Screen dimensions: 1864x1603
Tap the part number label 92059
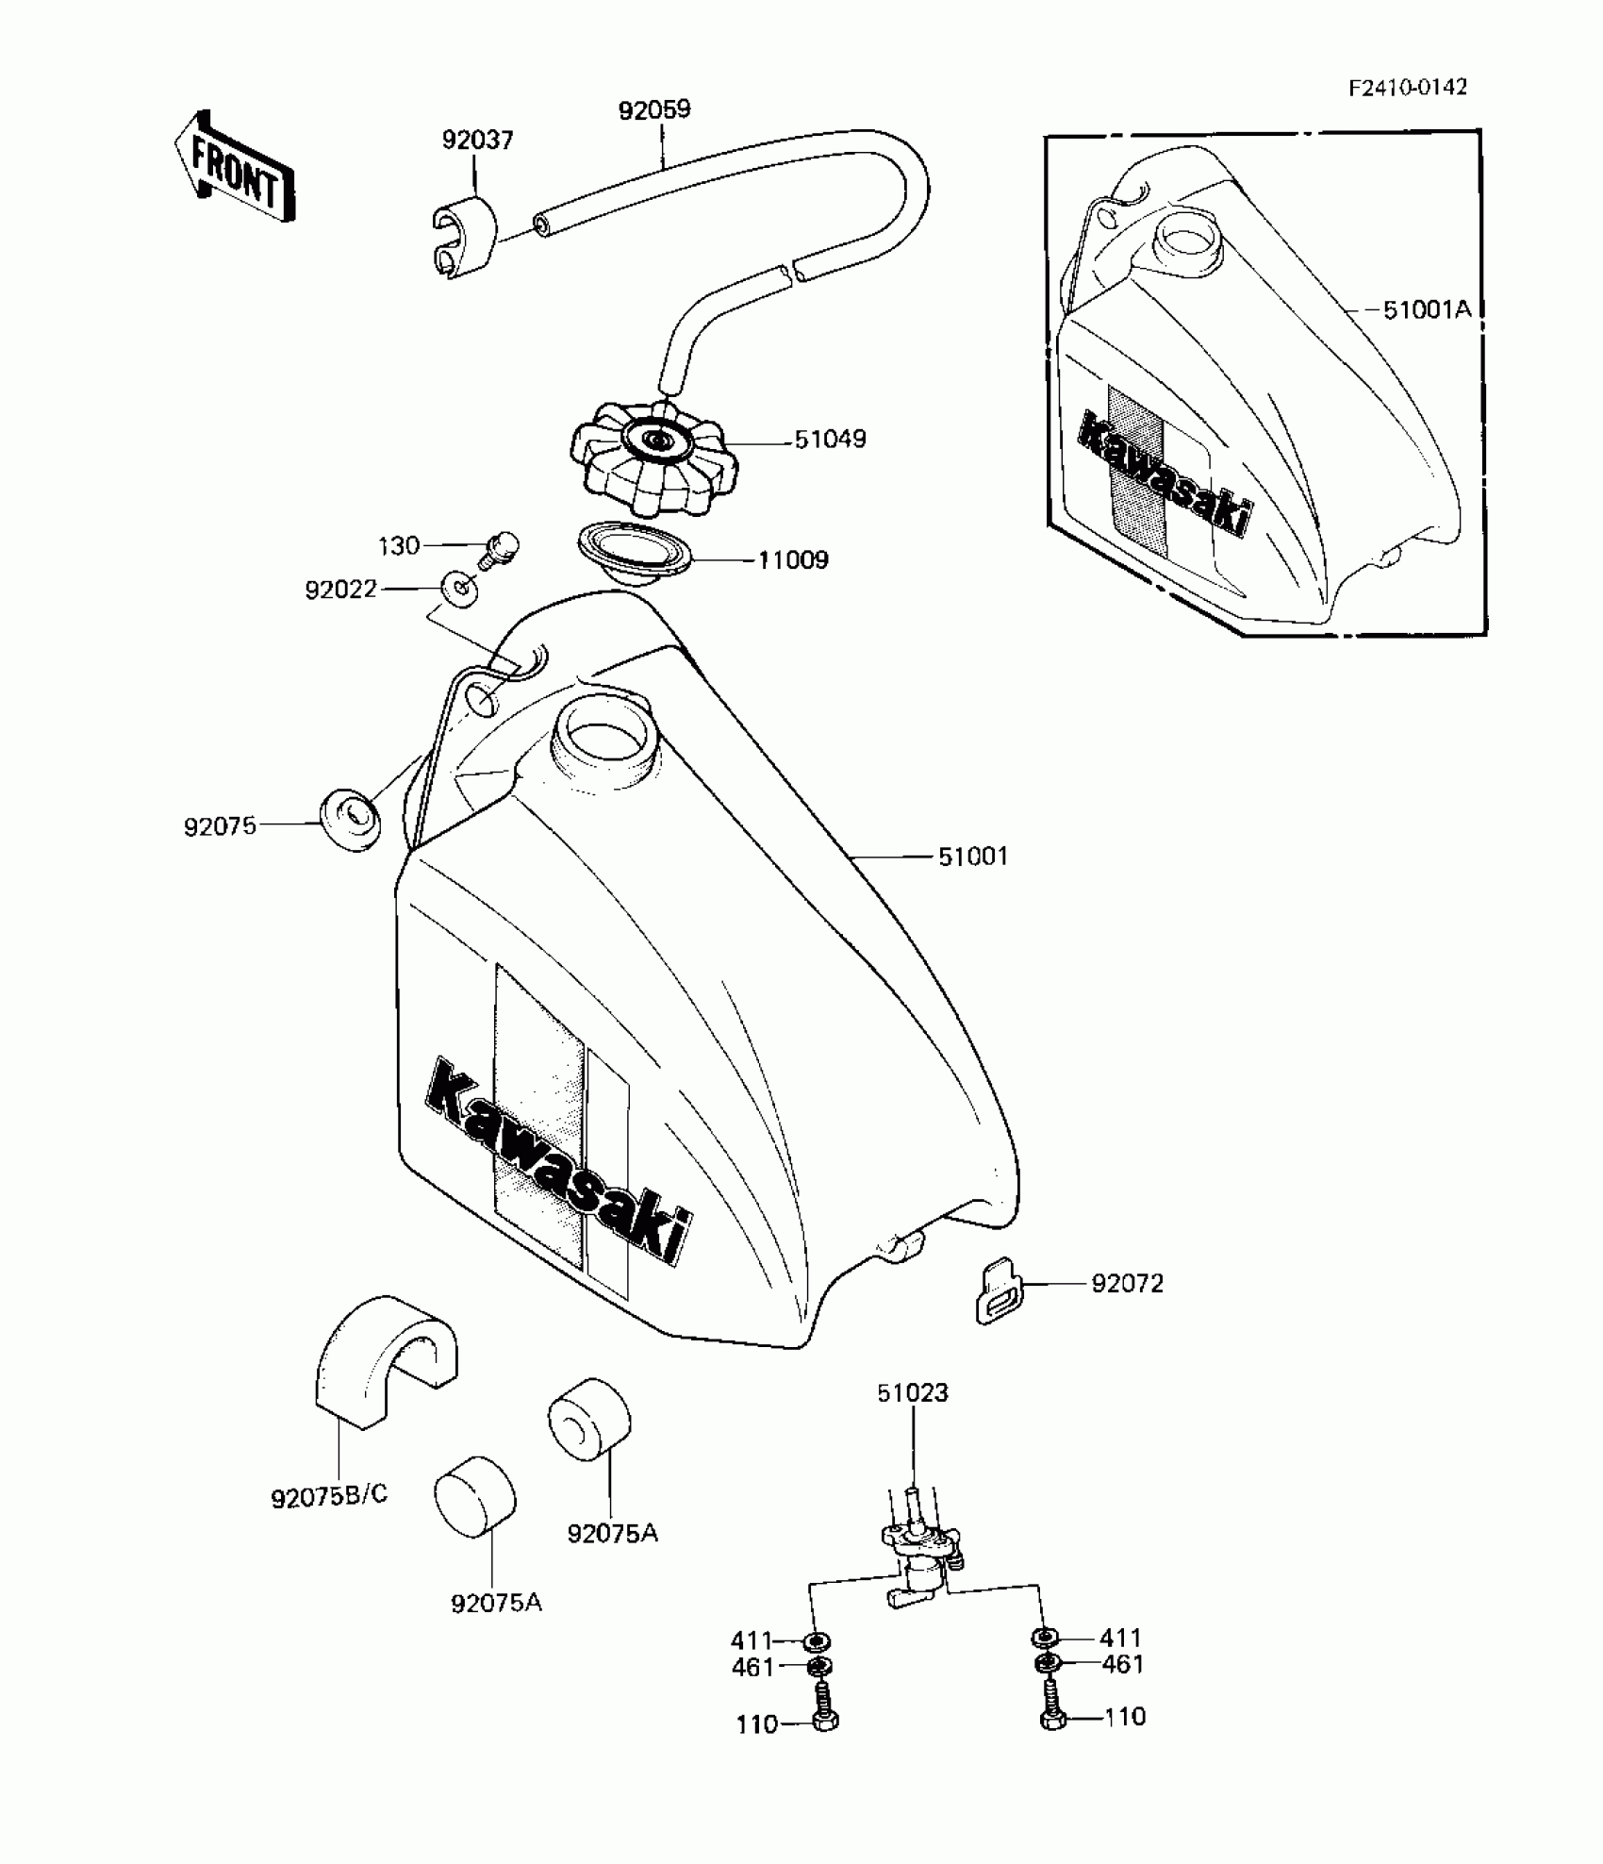(654, 109)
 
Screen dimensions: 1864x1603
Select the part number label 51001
(973, 857)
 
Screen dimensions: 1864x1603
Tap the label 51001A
(1427, 309)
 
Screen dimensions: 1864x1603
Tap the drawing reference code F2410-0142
(1407, 88)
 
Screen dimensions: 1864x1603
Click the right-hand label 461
(1122, 1664)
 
